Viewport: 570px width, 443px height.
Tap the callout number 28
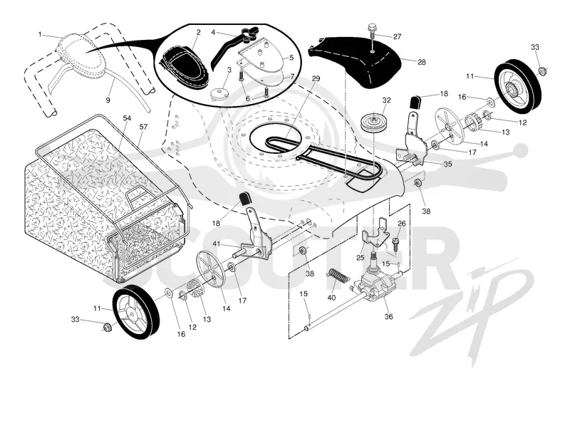coord(421,62)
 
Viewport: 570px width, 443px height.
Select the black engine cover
coord(355,61)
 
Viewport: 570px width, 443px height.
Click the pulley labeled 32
coord(373,123)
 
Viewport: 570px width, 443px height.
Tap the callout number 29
coord(316,79)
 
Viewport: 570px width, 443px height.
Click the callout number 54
coord(127,118)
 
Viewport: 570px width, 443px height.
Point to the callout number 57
coord(144,127)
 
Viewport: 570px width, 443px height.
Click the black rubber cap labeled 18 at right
coord(416,101)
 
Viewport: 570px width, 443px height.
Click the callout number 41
coord(217,244)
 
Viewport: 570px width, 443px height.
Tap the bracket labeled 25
coord(376,234)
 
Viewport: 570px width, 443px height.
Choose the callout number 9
coord(108,100)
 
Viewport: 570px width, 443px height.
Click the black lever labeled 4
coord(233,47)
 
